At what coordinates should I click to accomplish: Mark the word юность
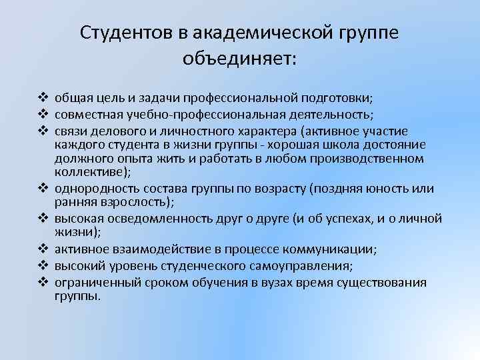385,189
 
